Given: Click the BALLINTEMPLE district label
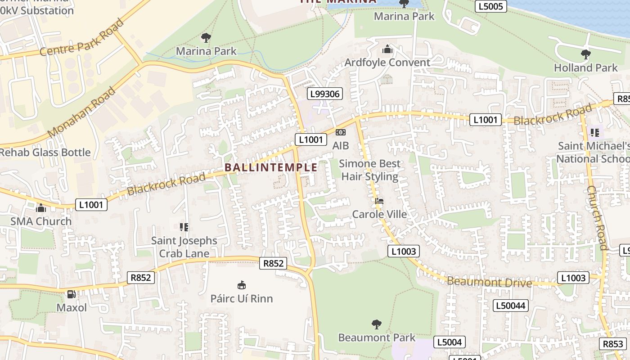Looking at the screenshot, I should click(271, 167).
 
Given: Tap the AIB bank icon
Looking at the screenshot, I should click(341, 132).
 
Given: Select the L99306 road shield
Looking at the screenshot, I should click(325, 94).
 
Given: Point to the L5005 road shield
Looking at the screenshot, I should click(491, 6).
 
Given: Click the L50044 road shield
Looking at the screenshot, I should click(510, 306).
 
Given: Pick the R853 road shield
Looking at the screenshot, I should click(613, 344).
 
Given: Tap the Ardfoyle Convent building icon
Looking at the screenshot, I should click(387, 49).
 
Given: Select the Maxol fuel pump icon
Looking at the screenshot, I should click(71, 294).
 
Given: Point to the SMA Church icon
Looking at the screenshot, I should click(41, 208).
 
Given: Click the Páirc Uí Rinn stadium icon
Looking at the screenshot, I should click(242, 285).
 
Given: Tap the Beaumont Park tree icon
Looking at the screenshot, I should click(377, 324).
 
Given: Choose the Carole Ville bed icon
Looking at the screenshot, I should click(379, 201).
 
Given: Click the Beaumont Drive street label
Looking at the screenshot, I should click(490, 283).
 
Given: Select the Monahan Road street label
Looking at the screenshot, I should click(81, 112).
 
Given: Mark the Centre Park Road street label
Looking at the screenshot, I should click(81, 37).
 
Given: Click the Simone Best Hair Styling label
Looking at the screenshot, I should click(370, 170).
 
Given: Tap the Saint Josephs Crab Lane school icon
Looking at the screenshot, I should click(184, 227).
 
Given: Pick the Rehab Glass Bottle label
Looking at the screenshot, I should click(45, 152).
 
